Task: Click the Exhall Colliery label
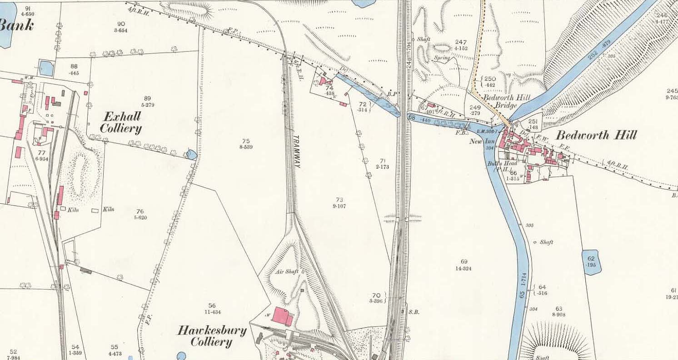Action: tap(120, 122)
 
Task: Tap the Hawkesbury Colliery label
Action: tap(211, 336)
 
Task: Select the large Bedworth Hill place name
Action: tap(596, 135)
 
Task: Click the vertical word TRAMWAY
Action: tap(296, 152)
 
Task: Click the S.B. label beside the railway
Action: tap(413, 312)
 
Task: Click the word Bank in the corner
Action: tap(16, 25)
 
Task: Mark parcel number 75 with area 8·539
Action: tap(246, 144)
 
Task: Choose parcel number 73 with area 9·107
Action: tap(339, 202)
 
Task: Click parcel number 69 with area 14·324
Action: tap(464, 265)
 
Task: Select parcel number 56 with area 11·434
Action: tap(212, 309)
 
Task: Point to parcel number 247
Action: tap(460, 45)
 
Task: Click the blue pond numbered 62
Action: tap(591, 262)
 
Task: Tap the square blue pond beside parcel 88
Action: tap(46, 68)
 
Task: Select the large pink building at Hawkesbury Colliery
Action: tap(283, 315)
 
